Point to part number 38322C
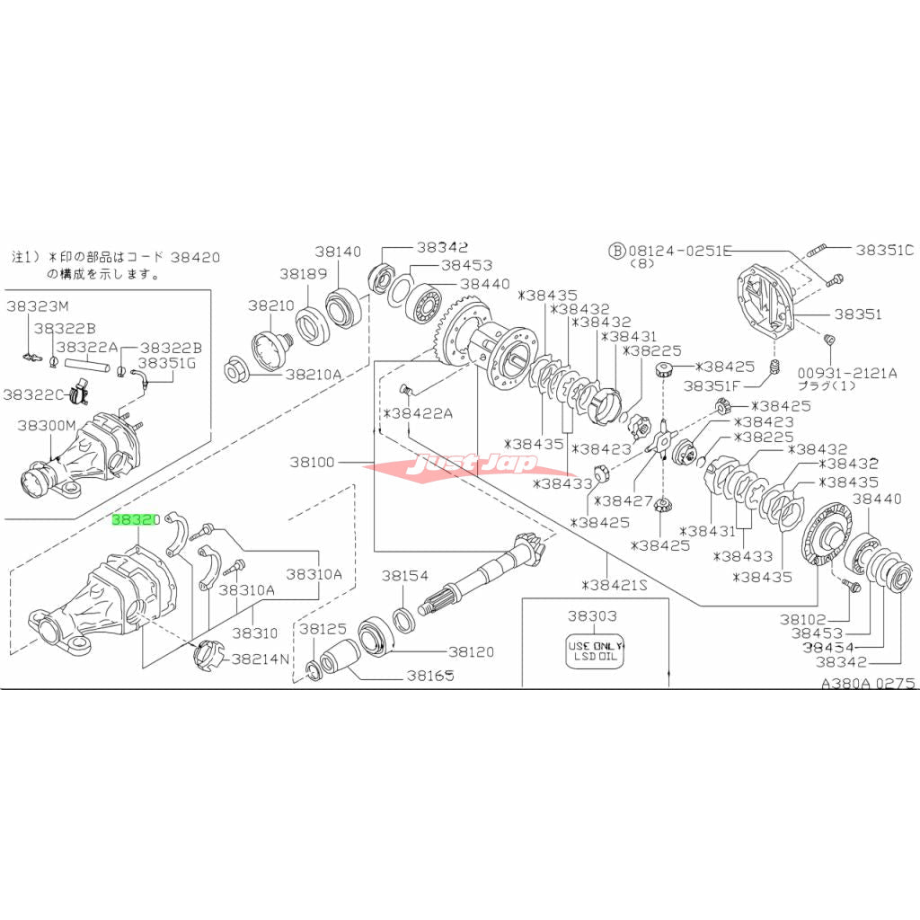tap(33, 394)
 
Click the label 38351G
tap(165, 363)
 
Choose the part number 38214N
tap(261, 659)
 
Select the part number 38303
tap(591, 617)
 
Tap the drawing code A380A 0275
tap(868, 683)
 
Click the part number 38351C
tap(883, 251)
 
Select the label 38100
tap(312, 463)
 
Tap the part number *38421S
tap(614, 585)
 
